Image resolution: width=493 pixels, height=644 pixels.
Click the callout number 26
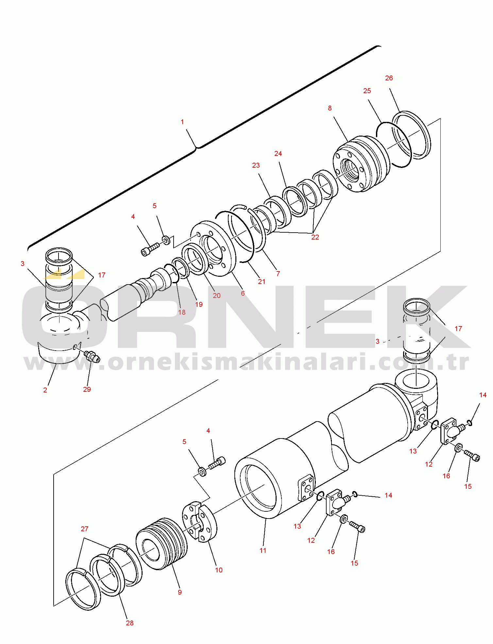389,78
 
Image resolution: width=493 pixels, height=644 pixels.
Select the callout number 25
367,91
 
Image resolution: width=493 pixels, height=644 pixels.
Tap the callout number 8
330,108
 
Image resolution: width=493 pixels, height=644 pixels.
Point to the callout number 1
182,122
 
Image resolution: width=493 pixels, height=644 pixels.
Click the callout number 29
87,389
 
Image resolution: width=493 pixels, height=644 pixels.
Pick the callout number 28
130,623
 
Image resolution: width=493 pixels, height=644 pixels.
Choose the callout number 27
84,529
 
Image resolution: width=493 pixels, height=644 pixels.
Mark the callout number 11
263,550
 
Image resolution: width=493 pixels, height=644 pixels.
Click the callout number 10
219,570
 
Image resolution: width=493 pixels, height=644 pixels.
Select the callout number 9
180,592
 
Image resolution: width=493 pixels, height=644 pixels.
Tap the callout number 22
315,237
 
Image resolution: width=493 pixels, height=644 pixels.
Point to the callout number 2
45,390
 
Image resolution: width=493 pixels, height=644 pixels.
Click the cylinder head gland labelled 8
361,164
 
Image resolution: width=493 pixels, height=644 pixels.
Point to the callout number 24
278,154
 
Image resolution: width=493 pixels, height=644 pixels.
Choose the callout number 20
217,296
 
